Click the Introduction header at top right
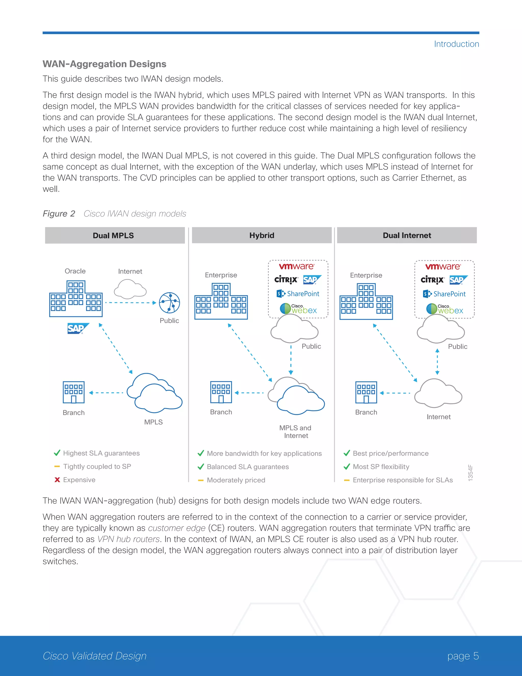tap(456, 44)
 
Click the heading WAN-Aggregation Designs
tap(105, 64)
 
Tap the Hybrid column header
tap(262, 235)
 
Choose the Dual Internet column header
tap(407, 235)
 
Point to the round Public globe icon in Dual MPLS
tap(169, 302)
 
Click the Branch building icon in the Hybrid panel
tap(221, 392)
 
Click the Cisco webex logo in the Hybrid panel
tap(298, 309)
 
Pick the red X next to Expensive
tap(57, 480)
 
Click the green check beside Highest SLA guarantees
tap(57, 453)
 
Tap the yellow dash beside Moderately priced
tap(201, 480)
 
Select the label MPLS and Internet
tap(295, 431)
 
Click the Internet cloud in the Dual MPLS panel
tap(130, 289)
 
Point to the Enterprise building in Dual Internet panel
tap(366, 302)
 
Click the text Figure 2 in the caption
tap(59, 214)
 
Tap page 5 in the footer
tap(463, 656)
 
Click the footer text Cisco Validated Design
tap(95, 656)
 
